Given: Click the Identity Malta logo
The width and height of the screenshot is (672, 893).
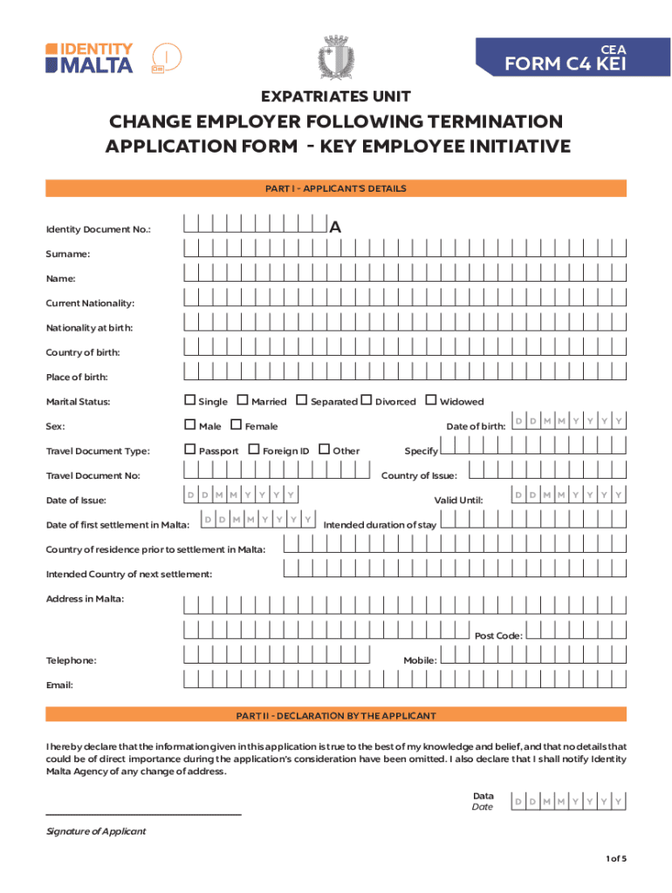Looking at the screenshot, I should [90, 58].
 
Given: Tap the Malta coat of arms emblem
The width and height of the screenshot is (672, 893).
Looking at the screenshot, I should [335, 58].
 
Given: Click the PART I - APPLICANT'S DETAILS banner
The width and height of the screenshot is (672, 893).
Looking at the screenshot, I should [336, 188].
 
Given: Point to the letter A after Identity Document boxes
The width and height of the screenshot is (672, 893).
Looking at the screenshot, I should [335, 228].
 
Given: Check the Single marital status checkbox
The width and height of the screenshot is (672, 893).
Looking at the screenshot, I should [190, 401].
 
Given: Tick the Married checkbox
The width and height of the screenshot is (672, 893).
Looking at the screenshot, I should [243, 401].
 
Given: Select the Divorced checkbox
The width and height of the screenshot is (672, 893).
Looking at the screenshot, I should [367, 401].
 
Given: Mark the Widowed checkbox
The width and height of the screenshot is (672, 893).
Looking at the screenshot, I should [431, 401].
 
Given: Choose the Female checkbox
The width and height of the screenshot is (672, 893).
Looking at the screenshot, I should [237, 426].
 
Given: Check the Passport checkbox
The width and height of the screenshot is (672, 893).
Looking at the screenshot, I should [190, 450].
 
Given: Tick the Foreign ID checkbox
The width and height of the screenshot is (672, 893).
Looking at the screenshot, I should [254, 450].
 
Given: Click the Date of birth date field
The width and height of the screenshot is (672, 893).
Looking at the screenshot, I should [568, 422].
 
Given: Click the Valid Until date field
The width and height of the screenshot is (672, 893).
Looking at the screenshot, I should [568, 495].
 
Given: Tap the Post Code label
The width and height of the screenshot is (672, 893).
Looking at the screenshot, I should [498, 636].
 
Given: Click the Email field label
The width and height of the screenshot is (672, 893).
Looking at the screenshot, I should [59, 685].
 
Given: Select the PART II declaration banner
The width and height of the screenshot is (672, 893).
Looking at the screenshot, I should [336, 716].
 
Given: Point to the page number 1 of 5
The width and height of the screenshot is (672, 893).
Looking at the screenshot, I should [615, 859].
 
